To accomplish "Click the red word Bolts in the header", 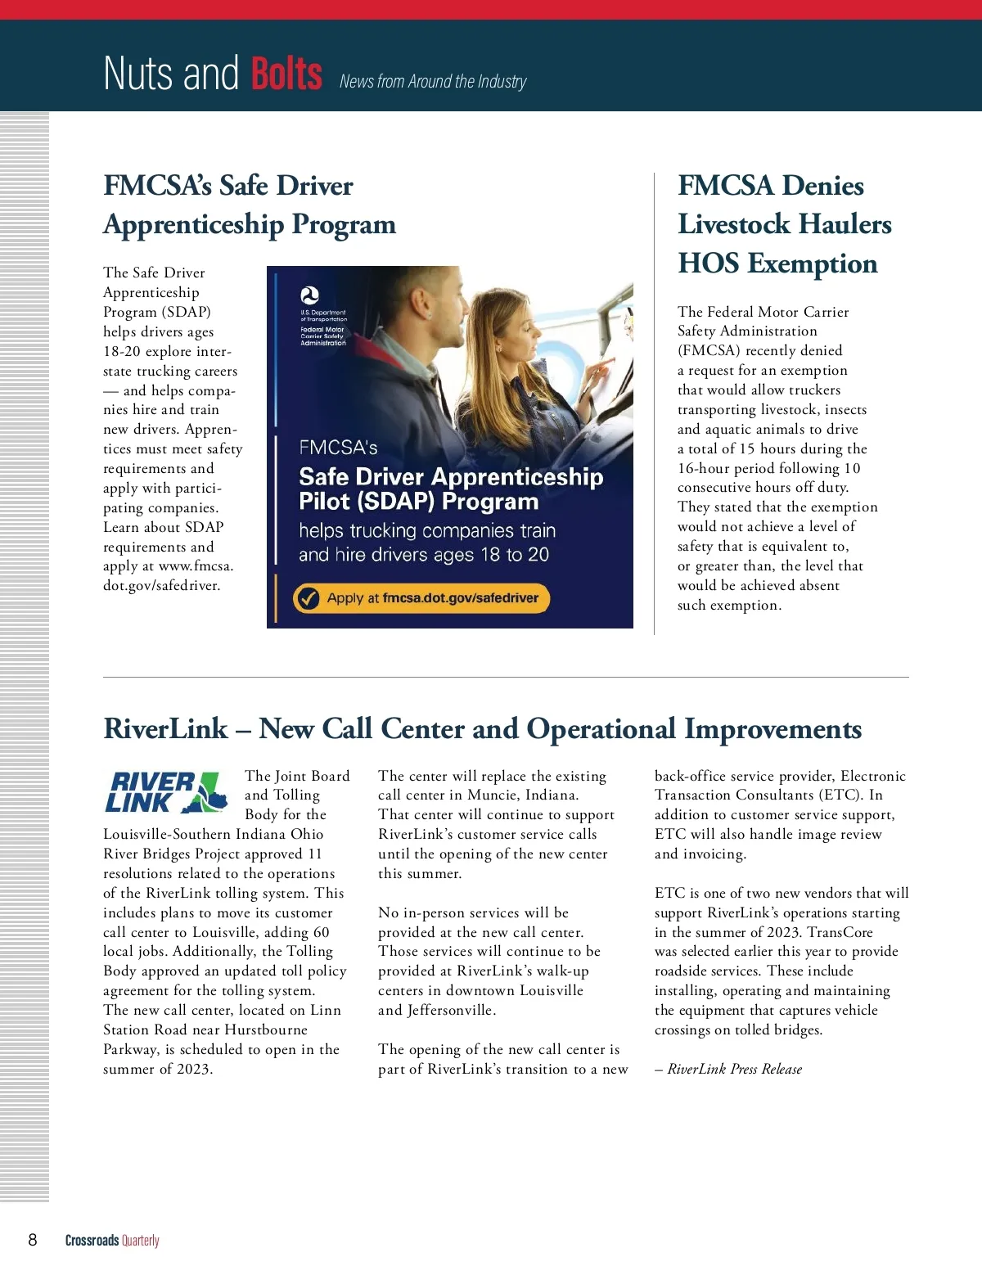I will [286, 74].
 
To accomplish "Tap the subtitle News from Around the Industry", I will [433, 81].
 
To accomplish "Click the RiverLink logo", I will [167, 792].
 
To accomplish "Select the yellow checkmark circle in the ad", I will [308, 598].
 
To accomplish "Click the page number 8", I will [33, 1239].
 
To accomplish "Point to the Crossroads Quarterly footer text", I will [112, 1240].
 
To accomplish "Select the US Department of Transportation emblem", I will [310, 296].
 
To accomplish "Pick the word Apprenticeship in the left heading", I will [193, 224].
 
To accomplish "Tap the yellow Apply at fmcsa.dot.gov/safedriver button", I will [421, 598].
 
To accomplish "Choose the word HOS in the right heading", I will [709, 264].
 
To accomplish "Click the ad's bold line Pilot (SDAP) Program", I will [419, 502].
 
